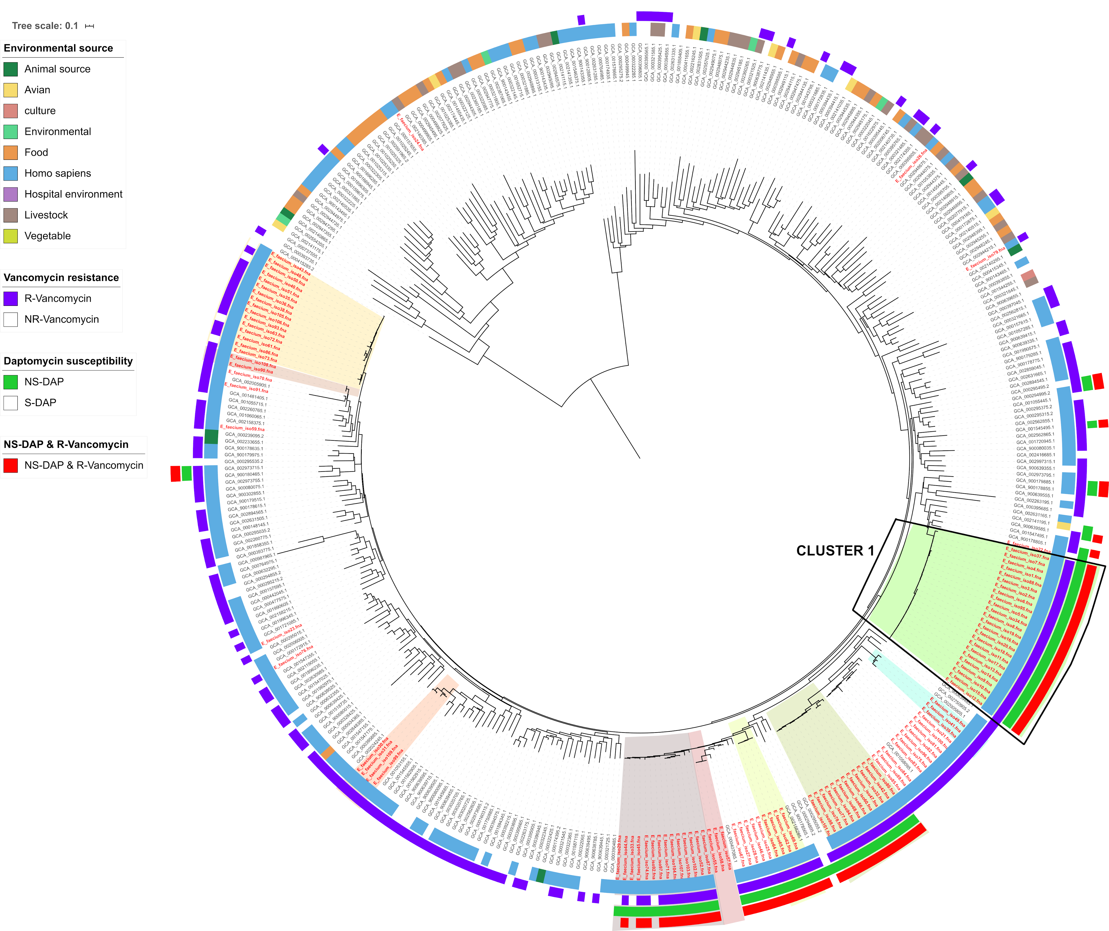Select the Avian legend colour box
(x=10, y=90)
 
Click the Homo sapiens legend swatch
(x=10, y=173)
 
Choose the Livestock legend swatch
(x=10, y=215)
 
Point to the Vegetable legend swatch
(x=10, y=236)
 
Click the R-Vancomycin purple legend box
(x=10, y=298)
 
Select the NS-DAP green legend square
(x=10, y=382)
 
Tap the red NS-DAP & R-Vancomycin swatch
(x=10, y=465)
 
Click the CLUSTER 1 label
(x=835, y=551)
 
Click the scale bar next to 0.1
(x=90, y=26)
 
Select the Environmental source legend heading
(x=58, y=48)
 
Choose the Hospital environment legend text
(x=73, y=194)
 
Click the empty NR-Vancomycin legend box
(x=10, y=319)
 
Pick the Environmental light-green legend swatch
(x=10, y=131)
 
